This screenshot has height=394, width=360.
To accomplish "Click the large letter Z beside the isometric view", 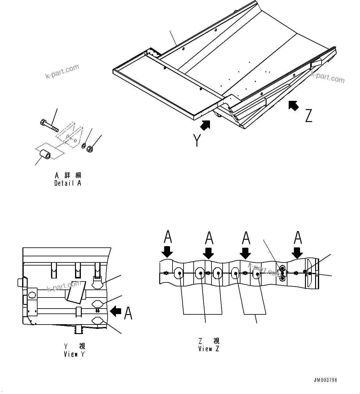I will click(x=309, y=115).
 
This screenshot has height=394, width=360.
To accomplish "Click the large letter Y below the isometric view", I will click(x=197, y=141).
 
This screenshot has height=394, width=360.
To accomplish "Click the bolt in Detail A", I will click(x=49, y=125).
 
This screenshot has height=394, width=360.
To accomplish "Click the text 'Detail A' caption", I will click(x=68, y=183).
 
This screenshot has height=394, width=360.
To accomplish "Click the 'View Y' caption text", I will click(x=74, y=354).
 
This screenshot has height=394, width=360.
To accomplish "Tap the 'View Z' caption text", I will click(x=209, y=349).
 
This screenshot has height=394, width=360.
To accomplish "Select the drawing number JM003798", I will click(x=326, y=380).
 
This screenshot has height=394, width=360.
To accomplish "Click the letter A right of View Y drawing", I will click(x=128, y=313).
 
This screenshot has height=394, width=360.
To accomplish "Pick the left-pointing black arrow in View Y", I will click(x=116, y=311).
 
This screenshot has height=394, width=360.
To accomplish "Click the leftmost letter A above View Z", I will click(x=168, y=237).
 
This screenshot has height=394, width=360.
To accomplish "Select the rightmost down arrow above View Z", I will click(x=297, y=252).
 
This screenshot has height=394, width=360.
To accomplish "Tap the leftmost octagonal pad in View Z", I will click(x=178, y=273).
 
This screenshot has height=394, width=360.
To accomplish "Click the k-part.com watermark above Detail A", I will click(x=62, y=71).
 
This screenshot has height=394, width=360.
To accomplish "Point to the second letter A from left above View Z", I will click(x=209, y=238).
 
